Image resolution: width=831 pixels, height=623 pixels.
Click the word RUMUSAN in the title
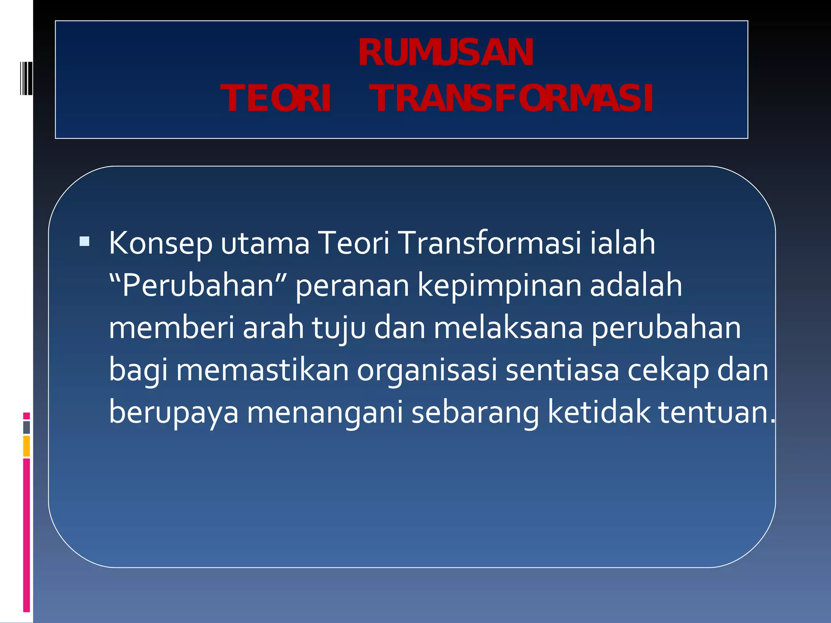[x=446, y=53]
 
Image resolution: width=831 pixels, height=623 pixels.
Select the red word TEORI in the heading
[x=276, y=99]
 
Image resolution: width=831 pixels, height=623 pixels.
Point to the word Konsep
[x=160, y=244]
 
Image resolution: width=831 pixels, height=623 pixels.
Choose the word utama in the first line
[x=265, y=244]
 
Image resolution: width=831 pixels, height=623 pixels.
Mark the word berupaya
[x=174, y=412]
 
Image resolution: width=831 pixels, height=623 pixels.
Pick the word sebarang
[x=475, y=412]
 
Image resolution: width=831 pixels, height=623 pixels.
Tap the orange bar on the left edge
[x=26, y=446]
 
